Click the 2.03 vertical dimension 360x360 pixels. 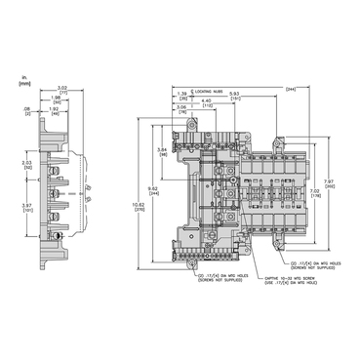27,165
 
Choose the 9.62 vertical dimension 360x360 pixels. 152,187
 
